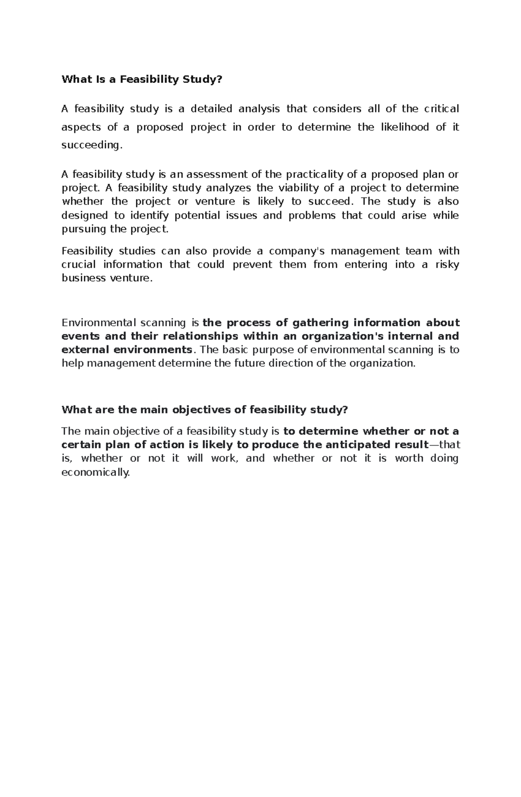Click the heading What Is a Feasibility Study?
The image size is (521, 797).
tap(142, 79)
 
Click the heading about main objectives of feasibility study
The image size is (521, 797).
tap(204, 410)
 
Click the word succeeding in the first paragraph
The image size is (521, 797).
tap(90, 145)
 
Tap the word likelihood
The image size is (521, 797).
tap(405, 127)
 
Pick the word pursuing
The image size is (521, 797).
tap(84, 229)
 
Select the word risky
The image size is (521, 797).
tap(447, 265)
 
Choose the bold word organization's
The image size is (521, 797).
tap(343, 336)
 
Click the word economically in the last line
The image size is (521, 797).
tap(96, 473)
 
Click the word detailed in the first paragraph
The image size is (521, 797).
tap(211, 109)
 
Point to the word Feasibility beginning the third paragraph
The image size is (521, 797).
tap(87, 251)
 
